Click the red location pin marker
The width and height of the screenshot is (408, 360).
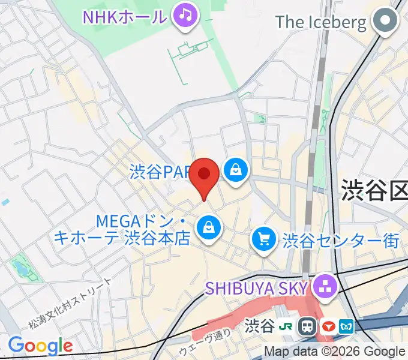tap(205, 176)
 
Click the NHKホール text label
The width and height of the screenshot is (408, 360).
tap(124, 16)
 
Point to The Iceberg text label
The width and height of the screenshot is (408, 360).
tap(320, 23)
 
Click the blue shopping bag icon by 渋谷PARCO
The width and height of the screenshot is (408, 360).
tap(237, 170)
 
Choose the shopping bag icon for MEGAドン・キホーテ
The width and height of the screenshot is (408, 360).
tap(208, 227)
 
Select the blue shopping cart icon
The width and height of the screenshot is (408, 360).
tap(263, 239)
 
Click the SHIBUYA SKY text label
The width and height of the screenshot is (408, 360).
tap(257, 288)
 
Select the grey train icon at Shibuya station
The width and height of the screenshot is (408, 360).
tap(308, 326)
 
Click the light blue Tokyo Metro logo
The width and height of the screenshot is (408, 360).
tap(347, 326)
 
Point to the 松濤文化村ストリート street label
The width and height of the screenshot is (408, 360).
tap(70, 304)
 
